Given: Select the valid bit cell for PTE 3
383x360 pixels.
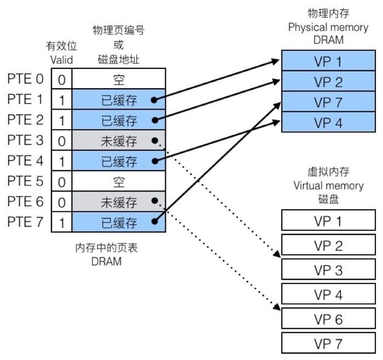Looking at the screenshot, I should pos(61,141).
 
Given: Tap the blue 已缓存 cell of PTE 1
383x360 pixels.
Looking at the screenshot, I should pos(118,100).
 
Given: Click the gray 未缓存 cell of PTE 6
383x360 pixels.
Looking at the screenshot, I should pos(118,202).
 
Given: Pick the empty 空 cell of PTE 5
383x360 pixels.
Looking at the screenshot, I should pos(118,182).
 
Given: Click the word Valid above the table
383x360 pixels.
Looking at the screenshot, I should pos(61,59).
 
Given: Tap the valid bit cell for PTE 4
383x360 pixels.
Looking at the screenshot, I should pos(61,161).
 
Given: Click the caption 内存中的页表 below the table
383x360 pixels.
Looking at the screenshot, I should pos(106,248).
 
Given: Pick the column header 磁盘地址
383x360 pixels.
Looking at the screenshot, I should pos(118,59).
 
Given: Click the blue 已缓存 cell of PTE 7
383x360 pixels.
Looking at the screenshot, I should pos(118,222).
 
